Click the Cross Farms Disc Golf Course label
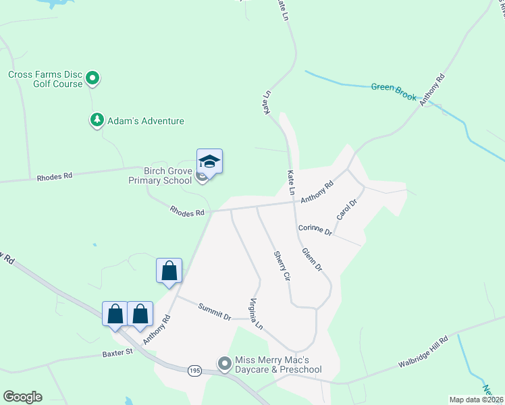click(45, 79)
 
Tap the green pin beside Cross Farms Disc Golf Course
click(94, 79)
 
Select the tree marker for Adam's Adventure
click(97, 120)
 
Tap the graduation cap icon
click(209, 162)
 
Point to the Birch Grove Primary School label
click(159, 176)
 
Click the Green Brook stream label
click(394, 91)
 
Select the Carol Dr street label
click(346, 210)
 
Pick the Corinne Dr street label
click(315, 230)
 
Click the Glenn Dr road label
click(312, 260)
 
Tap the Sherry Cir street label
click(282, 266)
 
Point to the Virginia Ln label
click(257, 314)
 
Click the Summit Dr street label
click(215, 312)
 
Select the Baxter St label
click(115, 353)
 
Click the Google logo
click(22, 397)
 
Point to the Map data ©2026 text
click(475, 400)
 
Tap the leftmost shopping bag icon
click(115, 315)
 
